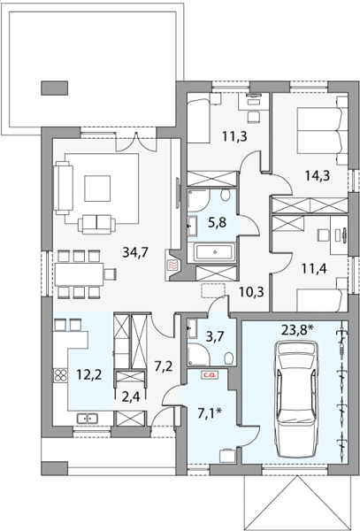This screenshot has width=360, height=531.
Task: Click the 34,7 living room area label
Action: coord(135,252)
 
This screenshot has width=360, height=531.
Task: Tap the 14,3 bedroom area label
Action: coord(317,175)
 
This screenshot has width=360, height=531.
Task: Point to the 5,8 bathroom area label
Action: coord(217,223)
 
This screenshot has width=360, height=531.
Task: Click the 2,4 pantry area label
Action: coord(129,396)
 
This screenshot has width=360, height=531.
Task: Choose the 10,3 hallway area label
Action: coord(251,290)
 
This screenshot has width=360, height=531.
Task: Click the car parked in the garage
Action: coord(298,400)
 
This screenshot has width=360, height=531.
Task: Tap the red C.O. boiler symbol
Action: coord(211,375)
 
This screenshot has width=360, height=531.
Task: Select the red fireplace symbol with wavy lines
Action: coord(172,264)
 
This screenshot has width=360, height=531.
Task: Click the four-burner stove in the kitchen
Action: coord(60,375)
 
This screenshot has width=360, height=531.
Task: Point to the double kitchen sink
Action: coord(88,419)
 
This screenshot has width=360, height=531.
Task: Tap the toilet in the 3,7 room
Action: coord(229,358)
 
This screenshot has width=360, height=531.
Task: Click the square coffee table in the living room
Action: coord(97,189)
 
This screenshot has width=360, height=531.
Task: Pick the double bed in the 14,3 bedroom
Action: coord(323,130)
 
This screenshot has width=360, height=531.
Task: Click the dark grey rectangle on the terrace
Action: coord(55,88)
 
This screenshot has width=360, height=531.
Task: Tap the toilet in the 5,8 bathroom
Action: coord(225,195)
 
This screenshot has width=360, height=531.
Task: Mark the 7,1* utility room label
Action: coord(210,413)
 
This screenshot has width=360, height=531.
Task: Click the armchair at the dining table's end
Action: coord(111,274)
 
